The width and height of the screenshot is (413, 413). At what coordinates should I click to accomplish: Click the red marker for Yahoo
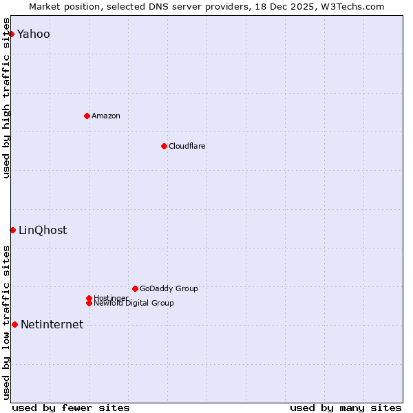click(x=11, y=34)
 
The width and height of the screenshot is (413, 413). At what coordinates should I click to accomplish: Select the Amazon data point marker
click(x=87, y=116)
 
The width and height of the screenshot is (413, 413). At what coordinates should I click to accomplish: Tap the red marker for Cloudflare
click(x=164, y=146)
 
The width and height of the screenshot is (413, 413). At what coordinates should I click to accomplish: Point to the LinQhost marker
click(x=12, y=230)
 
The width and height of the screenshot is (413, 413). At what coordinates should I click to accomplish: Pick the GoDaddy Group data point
click(x=135, y=288)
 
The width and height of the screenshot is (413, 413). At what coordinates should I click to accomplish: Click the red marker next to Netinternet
click(x=14, y=324)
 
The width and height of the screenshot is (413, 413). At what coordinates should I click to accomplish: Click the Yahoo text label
click(x=34, y=34)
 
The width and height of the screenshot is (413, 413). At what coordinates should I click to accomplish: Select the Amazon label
click(x=106, y=116)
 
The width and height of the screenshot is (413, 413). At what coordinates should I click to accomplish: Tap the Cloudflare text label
click(x=187, y=146)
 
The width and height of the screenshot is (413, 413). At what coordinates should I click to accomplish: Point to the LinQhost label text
click(x=43, y=230)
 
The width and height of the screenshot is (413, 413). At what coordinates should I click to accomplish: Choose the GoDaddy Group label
click(x=169, y=288)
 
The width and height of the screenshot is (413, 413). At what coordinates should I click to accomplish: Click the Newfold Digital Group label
click(x=134, y=303)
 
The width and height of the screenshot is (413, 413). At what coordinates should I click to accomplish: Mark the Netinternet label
click(x=52, y=324)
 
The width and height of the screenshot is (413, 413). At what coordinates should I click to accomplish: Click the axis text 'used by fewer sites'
click(x=71, y=407)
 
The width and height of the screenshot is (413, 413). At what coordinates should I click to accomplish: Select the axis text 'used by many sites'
click(x=346, y=407)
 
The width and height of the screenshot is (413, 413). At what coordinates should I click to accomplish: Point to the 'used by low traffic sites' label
click(x=7, y=321)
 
